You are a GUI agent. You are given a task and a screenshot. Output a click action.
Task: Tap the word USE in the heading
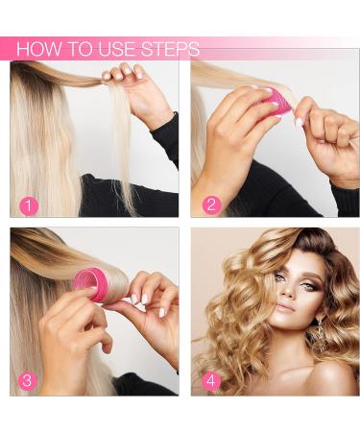click(x=117, y=49)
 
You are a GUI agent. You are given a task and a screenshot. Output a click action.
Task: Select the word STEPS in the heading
click(x=171, y=49)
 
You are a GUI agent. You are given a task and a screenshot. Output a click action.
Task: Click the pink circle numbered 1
click(x=29, y=206)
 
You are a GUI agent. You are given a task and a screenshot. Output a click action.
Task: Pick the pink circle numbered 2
click(x=211, y=204)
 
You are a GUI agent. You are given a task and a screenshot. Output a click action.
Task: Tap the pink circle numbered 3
click(x=28, y=381)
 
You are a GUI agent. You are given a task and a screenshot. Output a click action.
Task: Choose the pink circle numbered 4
click(x=211, y=381)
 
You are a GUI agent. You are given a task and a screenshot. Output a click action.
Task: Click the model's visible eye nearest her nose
click(x=306, y=285)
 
